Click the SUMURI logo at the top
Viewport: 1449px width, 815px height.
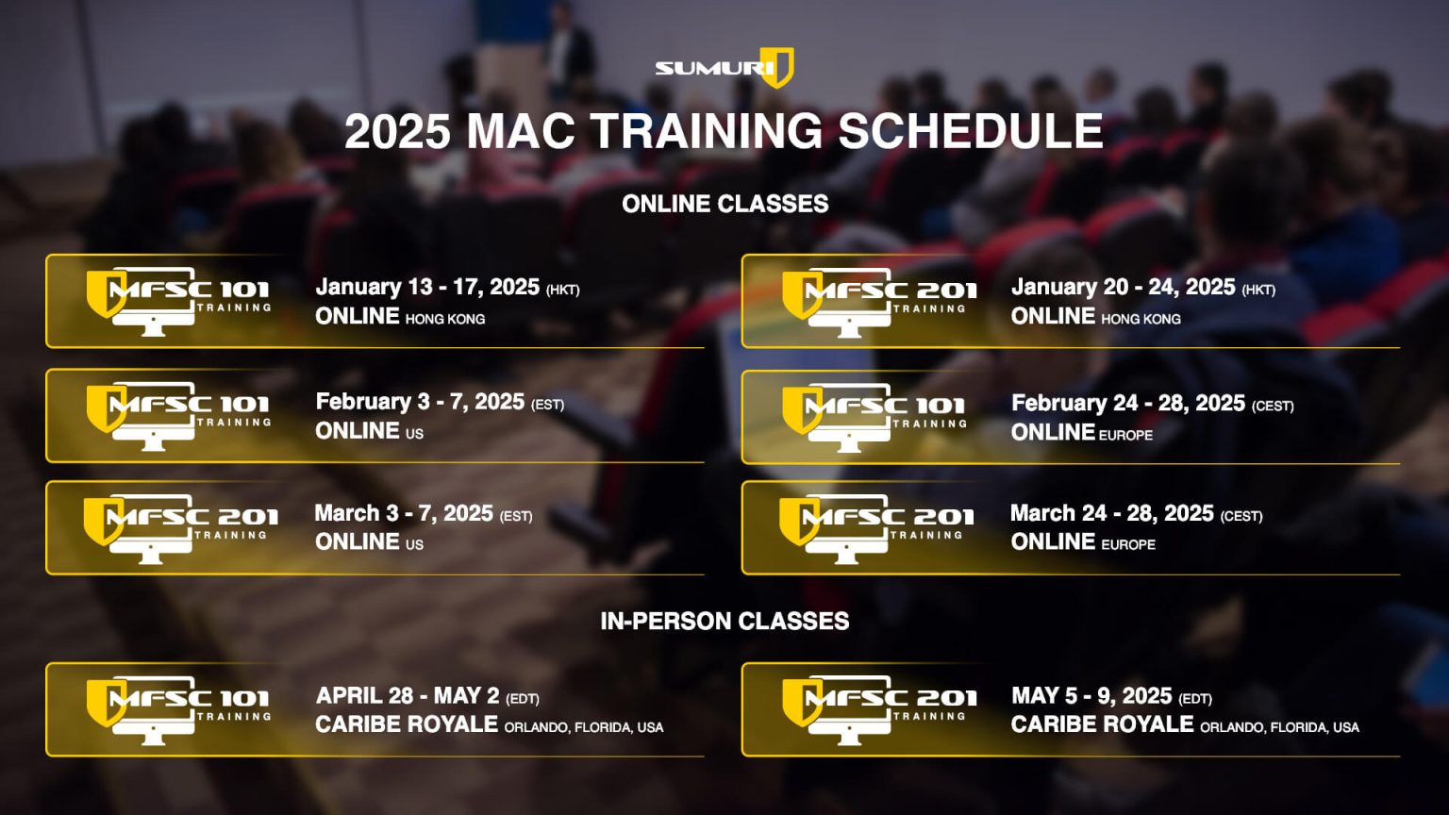tap(724, 68)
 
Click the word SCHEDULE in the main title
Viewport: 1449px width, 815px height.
tap(971, 131)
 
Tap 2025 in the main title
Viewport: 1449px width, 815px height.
tap(397, 131)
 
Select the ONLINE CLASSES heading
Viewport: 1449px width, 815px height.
tap(725, 204)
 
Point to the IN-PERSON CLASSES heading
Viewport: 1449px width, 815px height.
tap(724, 621)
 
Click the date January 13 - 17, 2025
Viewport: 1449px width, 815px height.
tap(427, 287)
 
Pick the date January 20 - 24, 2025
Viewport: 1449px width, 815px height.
tap(1123, 287)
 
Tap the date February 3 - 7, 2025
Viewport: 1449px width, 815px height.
tap(420, 402)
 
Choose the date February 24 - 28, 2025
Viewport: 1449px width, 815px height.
tap(1128, 403)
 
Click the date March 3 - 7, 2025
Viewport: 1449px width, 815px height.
tap(404, 513)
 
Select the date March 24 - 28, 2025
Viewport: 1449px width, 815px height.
tap(1112, 513)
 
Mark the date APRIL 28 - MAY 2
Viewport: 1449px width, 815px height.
tap(408, 695)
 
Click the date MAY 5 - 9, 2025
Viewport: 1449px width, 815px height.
tap(1091, 696)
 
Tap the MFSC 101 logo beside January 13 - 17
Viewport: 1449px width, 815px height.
tap(178, 302)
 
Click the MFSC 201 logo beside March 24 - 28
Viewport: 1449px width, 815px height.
tap(876, 528)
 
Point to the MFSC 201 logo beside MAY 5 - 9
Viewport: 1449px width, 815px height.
tap(879, 710)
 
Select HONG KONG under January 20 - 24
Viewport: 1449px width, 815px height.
tap(1141, 319)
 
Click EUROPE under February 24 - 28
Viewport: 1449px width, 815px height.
tap(1126, 435)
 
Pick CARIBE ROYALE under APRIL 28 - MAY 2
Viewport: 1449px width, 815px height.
tap(407, 724)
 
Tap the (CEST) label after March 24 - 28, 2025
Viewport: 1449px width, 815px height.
tap(1241, 516)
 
